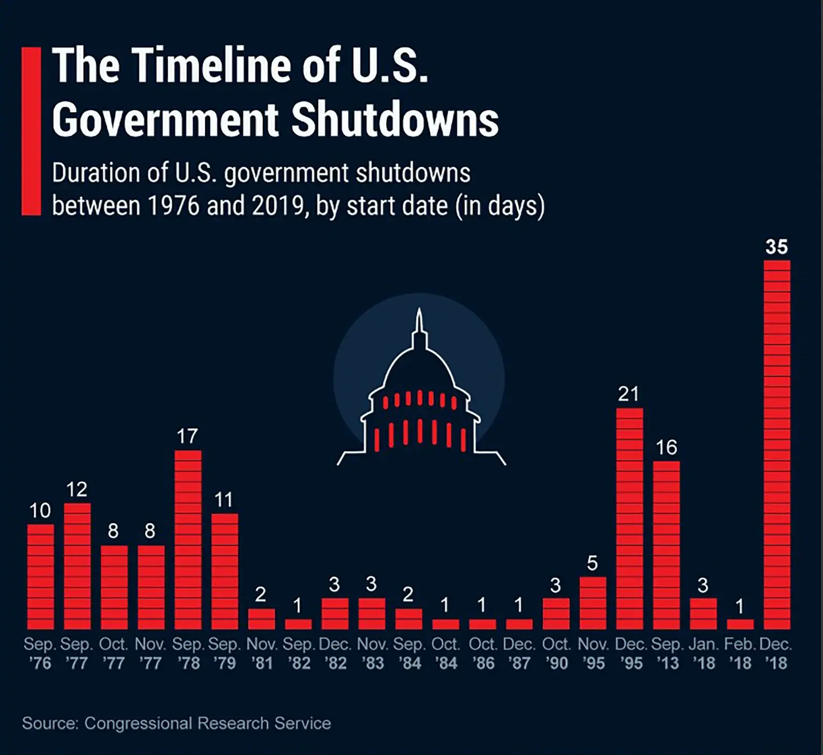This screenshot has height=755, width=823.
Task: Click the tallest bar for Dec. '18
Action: (x=777, y=445)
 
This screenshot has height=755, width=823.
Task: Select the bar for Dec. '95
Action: (x=630, y=519)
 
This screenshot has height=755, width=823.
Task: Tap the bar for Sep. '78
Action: (x=188, y=540)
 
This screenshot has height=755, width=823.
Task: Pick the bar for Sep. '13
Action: (x=667, y=546)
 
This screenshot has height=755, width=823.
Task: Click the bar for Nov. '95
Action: (x=593, y=603)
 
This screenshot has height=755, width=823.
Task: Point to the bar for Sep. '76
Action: (x=41, y=577)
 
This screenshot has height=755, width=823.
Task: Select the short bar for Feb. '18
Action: (x=740, y=624)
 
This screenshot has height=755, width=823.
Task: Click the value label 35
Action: (x=777, y=247)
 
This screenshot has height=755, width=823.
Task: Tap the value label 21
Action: (x=629, y=394)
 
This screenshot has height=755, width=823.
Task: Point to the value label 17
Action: (x=187, y=436)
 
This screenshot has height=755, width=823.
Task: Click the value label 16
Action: (x=667, y=448)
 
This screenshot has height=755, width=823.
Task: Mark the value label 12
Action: (x=77, y=489)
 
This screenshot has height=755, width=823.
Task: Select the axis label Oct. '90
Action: (x=557, y=654)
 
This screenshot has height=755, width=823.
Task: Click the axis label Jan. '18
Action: (x=703, y=654)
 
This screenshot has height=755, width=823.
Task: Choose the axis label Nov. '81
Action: (x=262, y=654)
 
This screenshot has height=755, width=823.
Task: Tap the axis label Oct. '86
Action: (x=482, y=654)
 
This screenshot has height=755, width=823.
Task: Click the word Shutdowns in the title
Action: (x=395, y=120)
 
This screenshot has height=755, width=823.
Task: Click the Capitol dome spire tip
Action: (x=419, y=310)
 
